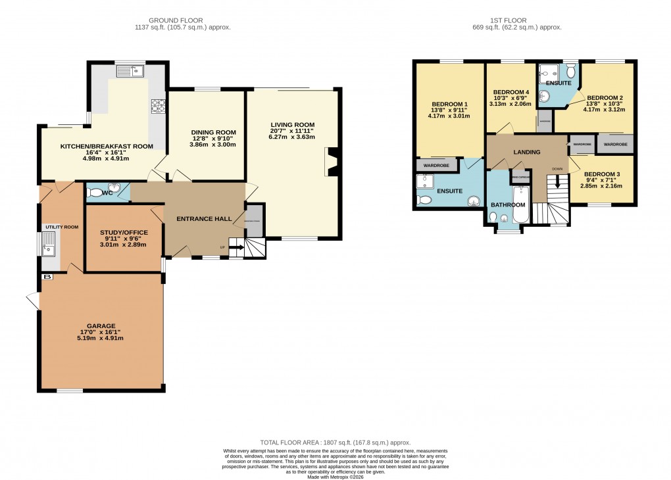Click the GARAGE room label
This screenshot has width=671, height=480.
[102, 325]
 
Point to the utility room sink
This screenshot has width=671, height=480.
[49, 248]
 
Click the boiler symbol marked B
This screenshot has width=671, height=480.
[46, 277]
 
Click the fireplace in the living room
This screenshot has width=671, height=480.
[330, 162]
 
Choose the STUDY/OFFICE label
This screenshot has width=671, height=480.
[124, 233]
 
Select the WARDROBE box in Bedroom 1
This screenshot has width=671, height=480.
[436, 165]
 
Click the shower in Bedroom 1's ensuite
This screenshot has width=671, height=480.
[424, 181]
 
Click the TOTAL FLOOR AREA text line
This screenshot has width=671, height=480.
[335, 443]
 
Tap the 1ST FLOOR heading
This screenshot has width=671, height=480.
[501, 20]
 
